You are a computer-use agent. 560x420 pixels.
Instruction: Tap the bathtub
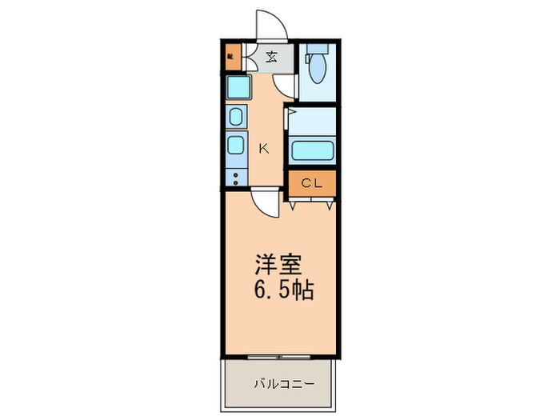[x=312, y=150]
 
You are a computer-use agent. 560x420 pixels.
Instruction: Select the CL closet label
[x=311, y=183]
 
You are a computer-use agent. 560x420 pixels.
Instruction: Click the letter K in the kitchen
[x=263, y=148]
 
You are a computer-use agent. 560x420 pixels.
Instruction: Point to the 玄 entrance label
[x=272, y=56]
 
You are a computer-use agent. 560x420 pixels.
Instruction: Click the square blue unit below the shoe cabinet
[x=238, y=86]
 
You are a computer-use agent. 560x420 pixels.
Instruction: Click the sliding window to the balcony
[x=278, y=355]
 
